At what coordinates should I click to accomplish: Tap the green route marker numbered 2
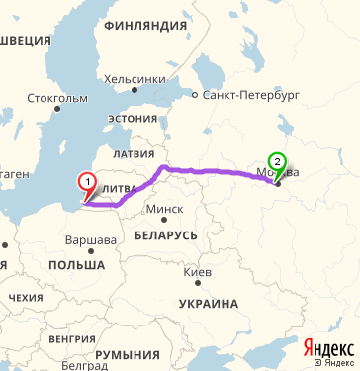click(x=277, y=163)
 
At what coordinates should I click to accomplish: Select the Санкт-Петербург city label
click(x=249, y=97)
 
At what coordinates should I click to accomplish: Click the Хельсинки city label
click(x=135, y=78)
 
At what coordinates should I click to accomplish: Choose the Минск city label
click(x=163, y=209)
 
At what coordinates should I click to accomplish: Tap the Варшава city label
click(x=90, y=240)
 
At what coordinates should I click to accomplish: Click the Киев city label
click(x=197, y=271)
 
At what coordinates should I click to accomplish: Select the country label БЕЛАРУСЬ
click(x=167, y=233)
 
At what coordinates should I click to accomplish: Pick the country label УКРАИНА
click(x=209, y=303)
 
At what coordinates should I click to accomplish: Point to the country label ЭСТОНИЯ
click(x=132, y=119)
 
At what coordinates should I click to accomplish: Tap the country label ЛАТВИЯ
click(x=135, y=155)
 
